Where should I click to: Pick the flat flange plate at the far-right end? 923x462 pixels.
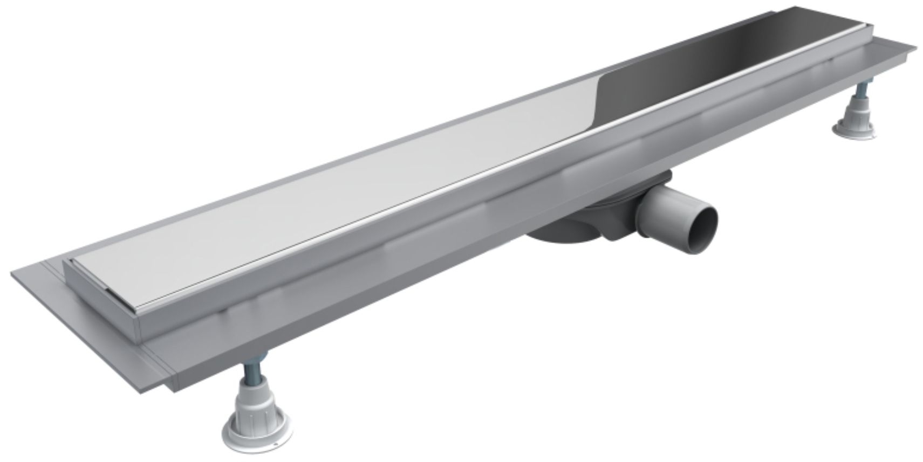click(x=885, y=51)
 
